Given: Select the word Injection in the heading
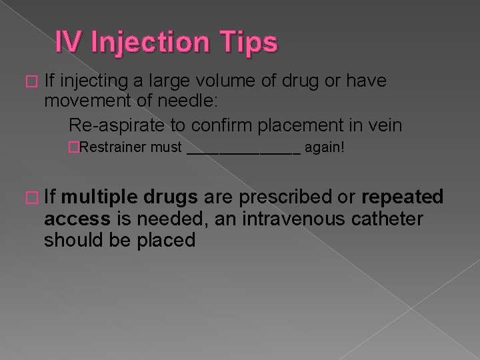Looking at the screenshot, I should (151, 42).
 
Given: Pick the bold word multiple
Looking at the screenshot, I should (103, 197).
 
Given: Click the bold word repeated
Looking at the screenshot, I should (402, 197).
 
